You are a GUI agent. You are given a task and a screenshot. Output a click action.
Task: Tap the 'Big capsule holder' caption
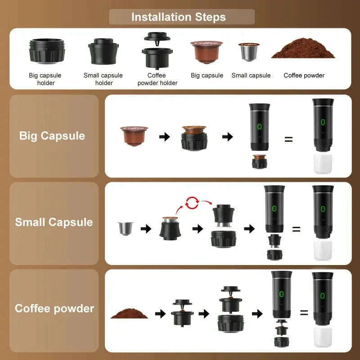[x=45, y=79]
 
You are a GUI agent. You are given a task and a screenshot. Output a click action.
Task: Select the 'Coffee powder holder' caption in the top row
[x=157, y=79]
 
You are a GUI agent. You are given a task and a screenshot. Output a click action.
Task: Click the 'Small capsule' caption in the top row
[x=251, y=75]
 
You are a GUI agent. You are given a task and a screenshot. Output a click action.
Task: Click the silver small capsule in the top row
[x=249, y=52]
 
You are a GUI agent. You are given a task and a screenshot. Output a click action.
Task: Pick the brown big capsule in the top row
[x=207, y=51]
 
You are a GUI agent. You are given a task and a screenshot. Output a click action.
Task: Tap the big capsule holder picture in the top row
[x=46, y=50]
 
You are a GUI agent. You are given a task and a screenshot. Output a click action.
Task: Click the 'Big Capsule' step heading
[x=52, y=135]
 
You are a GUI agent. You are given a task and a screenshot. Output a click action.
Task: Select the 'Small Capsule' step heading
[x=54, y=222]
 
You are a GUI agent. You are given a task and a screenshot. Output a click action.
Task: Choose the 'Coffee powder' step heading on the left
[x=54, y=308]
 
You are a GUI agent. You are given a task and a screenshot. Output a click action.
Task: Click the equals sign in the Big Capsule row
[x=288, y=139]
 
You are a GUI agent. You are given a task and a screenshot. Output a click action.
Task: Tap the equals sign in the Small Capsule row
[x=296, y=229]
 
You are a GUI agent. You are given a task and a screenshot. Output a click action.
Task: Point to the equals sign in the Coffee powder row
[x=304, y=312]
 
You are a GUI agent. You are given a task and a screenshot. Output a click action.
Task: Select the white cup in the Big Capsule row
[x=323, y=164]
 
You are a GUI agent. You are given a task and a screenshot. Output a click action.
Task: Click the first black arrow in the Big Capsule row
[x=165, y=136]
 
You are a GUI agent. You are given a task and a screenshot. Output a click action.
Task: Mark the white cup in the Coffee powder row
[x=323, y=337]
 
